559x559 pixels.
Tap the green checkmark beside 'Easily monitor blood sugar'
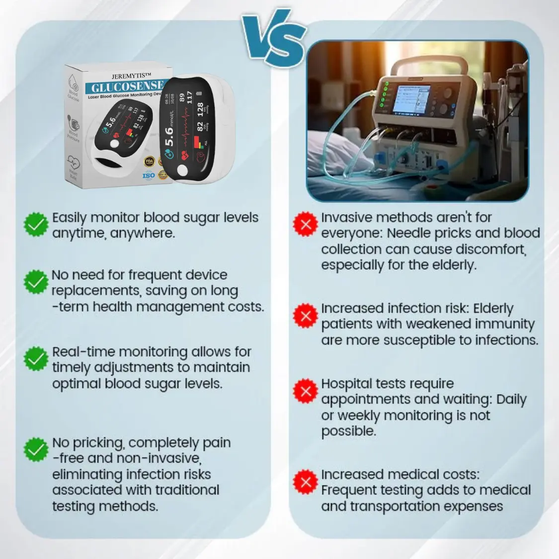click(x=36, y=225)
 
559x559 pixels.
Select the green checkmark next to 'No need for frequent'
click(x=36, y=282)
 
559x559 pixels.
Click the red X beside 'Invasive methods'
click(x=306, y=225)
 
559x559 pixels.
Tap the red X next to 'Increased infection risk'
click(x=306, y=316)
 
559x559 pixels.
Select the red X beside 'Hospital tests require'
click(x=306, y=391)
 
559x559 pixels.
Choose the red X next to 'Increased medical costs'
click(x=306, y=481)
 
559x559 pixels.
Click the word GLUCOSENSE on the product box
click(x=127, y=87)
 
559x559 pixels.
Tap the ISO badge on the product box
click(x=149, y=175)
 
